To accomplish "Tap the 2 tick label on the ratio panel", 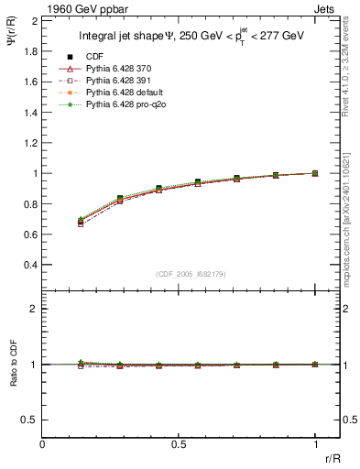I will (35, 310).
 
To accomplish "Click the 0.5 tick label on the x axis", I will (179, 444).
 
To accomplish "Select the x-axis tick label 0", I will (43, 444).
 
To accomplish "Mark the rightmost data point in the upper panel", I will (316, 173).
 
